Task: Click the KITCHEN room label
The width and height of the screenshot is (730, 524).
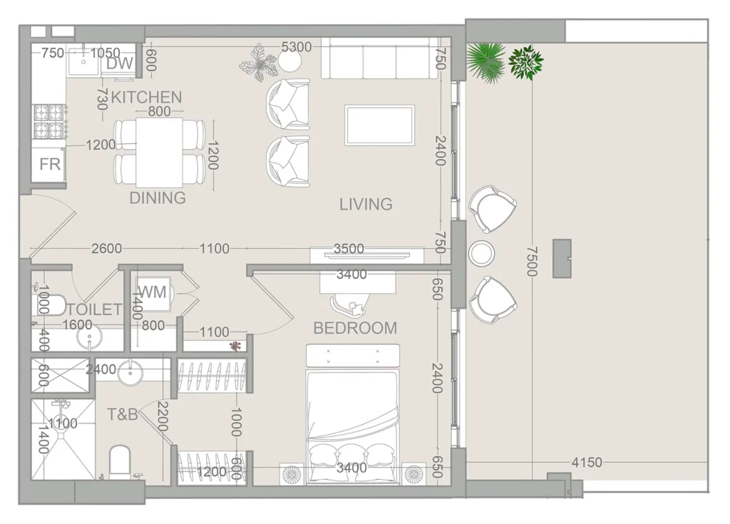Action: click(146, 98)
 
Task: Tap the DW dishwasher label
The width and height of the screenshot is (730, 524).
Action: click(120, 63)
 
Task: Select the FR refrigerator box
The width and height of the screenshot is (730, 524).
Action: click(48, 165)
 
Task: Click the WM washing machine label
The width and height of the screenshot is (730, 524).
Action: click(153, 292)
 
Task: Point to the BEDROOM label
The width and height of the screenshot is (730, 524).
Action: click(355, 328)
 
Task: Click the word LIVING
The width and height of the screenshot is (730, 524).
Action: click(366, 204)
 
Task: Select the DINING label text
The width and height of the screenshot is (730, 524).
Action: click(158, 198)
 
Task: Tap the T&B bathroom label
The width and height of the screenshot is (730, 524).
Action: click(123, 414)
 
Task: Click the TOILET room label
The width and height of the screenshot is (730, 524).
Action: click(95, 309)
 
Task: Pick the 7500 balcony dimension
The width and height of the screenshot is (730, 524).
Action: click(532, 262)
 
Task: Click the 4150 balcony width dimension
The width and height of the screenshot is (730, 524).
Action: click(587, 463)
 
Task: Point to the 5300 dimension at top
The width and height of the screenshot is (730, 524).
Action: click(297, 47)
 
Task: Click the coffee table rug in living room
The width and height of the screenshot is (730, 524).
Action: click(379, 125)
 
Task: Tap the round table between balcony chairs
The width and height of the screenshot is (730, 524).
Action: click(481, 253)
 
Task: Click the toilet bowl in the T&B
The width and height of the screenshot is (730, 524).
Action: click(120, 461)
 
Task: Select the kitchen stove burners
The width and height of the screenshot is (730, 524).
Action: click(49, 121)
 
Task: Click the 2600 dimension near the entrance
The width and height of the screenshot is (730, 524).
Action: click(107, 249)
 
